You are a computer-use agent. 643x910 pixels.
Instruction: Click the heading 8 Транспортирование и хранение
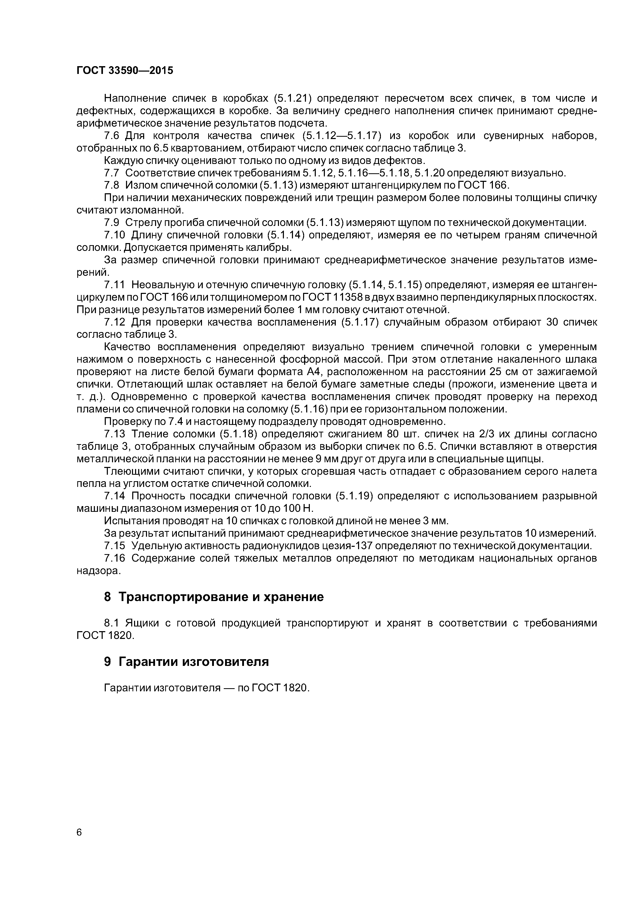[x=214, y=596]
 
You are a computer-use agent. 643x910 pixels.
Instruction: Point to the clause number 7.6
[x=111, y=136]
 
